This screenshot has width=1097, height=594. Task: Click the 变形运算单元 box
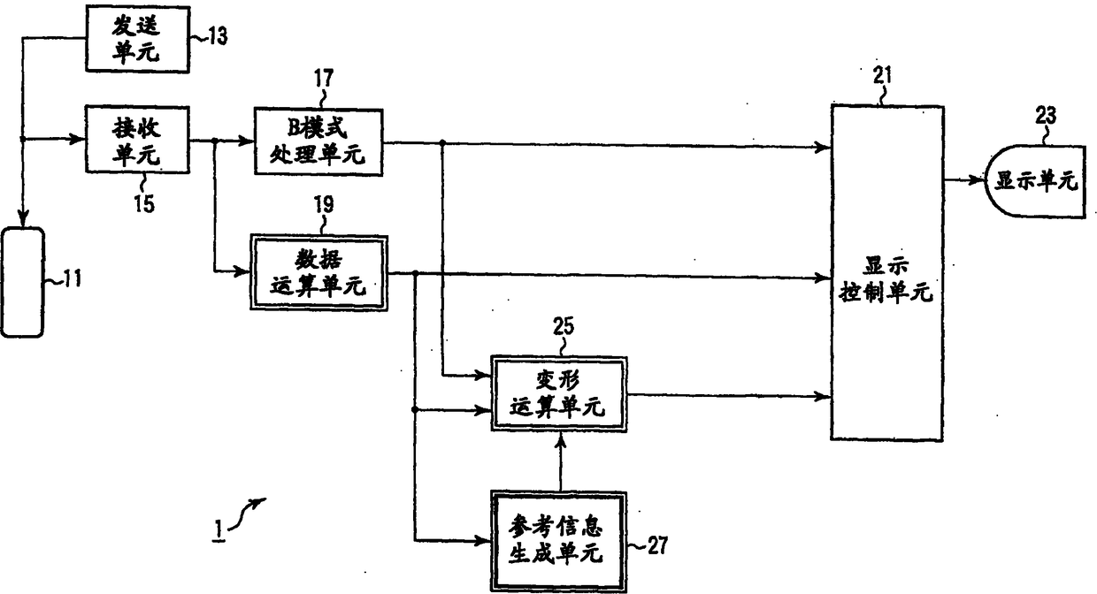[559, 394]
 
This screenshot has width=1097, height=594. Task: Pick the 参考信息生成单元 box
[559, 541]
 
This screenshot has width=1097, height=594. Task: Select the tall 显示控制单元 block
[885, 272]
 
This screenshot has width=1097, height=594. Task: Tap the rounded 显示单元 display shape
[1035, 181]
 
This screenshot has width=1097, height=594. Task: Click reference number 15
[143, 203]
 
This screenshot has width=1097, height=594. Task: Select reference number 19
[323, 206]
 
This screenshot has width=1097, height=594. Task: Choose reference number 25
[563, 326]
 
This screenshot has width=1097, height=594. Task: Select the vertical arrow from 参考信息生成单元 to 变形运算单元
[560, 461]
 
